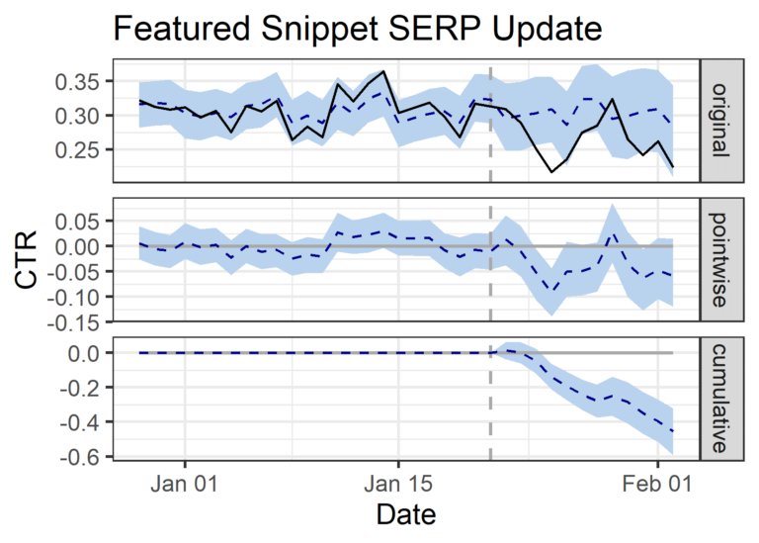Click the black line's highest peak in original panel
[383, 71]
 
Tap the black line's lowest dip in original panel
[551, 172]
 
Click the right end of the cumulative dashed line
[673, 431]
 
